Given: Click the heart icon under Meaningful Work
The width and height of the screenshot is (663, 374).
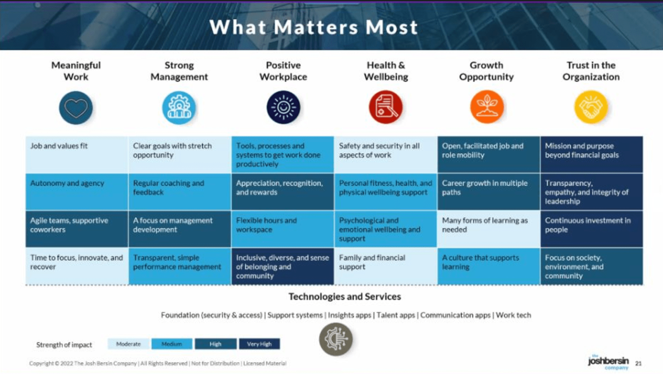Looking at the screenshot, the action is point(76,107).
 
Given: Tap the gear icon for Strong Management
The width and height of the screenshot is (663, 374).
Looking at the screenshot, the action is point(179,107).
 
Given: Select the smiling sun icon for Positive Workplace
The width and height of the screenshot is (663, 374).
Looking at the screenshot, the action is point(283,107).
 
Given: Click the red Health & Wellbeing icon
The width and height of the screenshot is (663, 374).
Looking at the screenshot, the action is point(386,107).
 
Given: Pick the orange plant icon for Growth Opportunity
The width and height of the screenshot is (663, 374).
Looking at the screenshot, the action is point(487,107).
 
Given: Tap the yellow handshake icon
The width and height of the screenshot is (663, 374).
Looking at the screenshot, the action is point(591,107).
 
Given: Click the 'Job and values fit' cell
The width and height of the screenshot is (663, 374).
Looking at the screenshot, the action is point(77,155).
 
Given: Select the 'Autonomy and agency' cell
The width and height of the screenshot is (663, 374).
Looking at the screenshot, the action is point(77,192).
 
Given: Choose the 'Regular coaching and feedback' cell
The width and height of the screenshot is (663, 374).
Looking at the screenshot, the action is point(180,192).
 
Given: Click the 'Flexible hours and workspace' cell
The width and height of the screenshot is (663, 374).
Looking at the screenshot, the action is point(282,229).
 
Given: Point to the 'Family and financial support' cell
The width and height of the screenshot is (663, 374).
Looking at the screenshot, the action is point(386,266).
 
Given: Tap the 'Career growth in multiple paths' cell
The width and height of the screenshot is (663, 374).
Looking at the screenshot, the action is point(489,192).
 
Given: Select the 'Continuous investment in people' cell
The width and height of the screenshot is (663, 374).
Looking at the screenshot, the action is point(592,229).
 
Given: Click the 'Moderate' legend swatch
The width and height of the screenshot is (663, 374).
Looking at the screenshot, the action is point(128,344).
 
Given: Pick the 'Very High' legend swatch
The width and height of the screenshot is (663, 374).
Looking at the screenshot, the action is point(259,344).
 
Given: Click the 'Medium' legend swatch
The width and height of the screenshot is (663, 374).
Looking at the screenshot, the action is point(172,344).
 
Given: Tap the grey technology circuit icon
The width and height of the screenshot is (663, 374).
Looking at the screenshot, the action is point(336,339).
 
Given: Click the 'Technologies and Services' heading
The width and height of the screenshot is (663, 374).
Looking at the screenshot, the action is point(345,297).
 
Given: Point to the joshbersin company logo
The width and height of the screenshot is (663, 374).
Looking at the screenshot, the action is point(608,362).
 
